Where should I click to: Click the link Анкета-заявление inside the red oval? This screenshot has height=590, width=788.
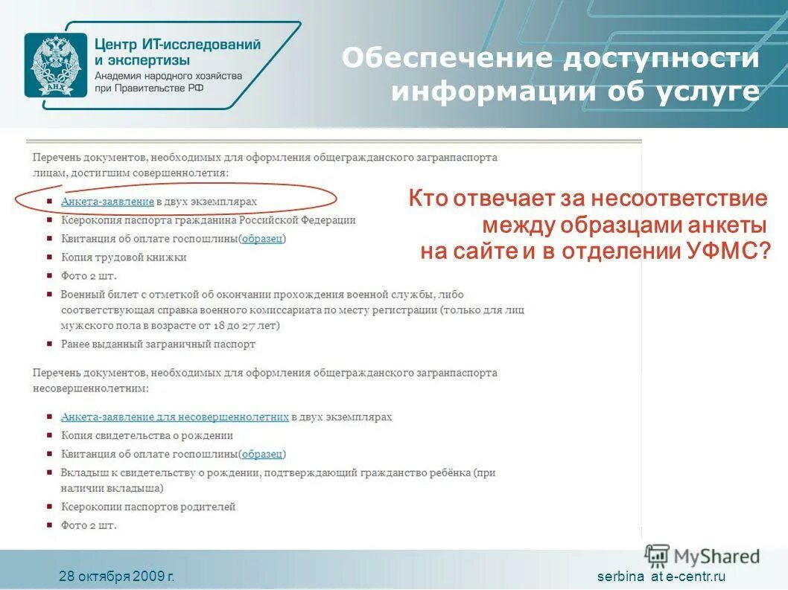click(107, 202)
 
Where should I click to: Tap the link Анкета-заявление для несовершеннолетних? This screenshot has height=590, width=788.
click(174, 417)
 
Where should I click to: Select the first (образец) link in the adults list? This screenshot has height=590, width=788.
click(262, 239)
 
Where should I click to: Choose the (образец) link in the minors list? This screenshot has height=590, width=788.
click(262, 454)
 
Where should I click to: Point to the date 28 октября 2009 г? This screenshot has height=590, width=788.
click(117, 577)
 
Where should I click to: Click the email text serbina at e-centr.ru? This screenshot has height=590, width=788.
click(661, 577)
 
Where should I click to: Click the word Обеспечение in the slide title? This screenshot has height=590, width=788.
click(448, 60)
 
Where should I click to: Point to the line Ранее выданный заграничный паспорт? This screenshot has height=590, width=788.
click(158, 344)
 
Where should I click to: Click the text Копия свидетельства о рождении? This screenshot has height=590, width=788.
click(147, 435)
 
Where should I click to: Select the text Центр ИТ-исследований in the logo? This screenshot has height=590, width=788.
click(177, 45)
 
